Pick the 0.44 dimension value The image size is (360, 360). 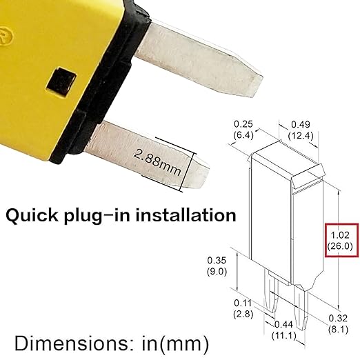282,324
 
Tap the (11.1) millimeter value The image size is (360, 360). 282,336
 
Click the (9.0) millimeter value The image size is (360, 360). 214,271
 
